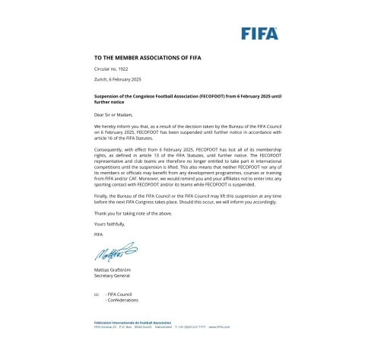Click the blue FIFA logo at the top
pyautogui.click(x=259, y=33)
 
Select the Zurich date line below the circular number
pyautogui.click(x=118, y=80)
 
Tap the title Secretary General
pyautogui.click(x=112, y=278)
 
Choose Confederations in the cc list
pyautogui.click(x=125, y=300)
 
